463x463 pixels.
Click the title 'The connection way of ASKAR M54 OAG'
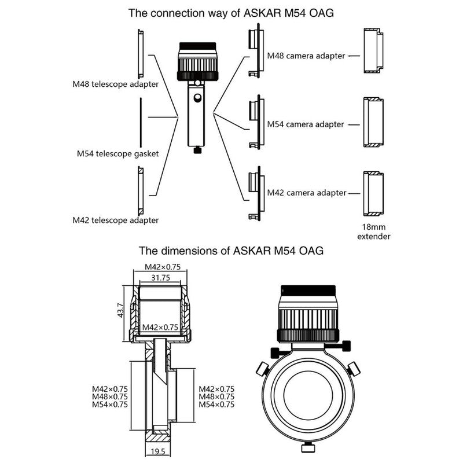[x=231, y=13]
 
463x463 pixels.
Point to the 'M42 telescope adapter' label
[x=115, y=221]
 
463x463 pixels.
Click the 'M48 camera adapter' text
[x=306, y=56]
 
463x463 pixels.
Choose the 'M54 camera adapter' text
[x=306, y=124]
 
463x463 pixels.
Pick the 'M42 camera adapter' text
[x=306, y=192]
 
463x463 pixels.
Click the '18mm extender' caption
[x=373, y=231]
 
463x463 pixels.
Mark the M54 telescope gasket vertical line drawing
[x=141, y=123]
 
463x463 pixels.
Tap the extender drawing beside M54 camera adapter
[x=373, y=122]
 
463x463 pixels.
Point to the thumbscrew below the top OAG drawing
[x=199, y=150]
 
